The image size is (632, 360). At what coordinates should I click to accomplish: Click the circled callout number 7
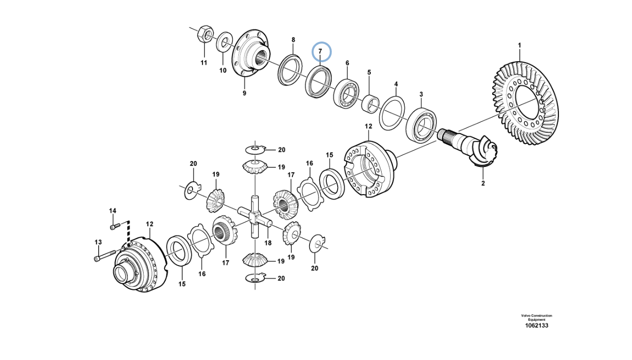point(320,51)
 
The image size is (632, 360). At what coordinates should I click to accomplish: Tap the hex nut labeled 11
point(205,35)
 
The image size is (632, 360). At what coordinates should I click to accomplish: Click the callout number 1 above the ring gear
point(519,45)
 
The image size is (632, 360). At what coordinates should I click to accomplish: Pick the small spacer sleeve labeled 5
point(370,104)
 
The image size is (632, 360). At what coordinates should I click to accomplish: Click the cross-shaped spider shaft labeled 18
point(255,218)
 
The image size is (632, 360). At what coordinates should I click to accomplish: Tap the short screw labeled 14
point(115,226)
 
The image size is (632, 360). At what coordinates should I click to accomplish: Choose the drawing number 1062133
point(536,325)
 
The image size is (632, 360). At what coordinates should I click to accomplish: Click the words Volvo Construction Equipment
point(536,318)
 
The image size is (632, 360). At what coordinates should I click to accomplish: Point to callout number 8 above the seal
point(293,40)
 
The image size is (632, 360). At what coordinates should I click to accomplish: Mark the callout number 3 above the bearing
point(421,94)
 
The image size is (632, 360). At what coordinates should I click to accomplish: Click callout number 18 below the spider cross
point(268,242)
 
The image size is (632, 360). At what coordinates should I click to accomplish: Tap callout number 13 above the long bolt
point(98,242)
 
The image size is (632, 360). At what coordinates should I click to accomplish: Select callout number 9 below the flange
point(244,93)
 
